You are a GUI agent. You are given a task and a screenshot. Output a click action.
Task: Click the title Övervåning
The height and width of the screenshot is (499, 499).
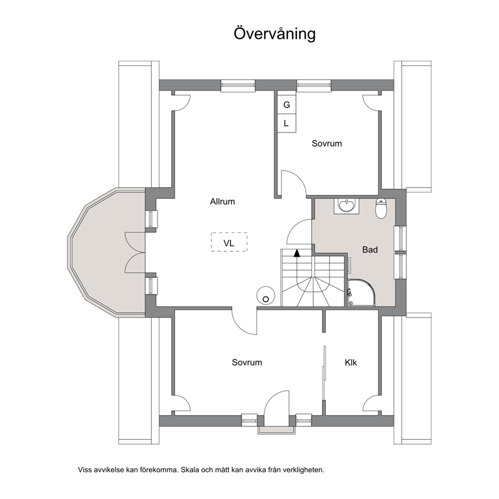[274, 33]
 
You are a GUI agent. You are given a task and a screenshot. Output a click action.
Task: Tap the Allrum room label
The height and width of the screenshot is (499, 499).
[222, 201]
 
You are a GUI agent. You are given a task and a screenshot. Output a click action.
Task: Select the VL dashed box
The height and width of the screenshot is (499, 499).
[229, 242]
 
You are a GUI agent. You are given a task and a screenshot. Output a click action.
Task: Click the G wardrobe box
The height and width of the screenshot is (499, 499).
[286, 105]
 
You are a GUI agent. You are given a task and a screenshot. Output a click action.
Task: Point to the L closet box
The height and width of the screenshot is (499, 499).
[286, 123]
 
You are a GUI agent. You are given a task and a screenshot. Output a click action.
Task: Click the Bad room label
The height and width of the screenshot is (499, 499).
[370, 249]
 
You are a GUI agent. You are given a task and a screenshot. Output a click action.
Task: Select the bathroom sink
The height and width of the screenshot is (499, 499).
[346, 206]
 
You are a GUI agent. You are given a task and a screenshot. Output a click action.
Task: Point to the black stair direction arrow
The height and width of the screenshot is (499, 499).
[297, 253]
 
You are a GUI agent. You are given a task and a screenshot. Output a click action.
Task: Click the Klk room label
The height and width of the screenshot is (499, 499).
[351, 363]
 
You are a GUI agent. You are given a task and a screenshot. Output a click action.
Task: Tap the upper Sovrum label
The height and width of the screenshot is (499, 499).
[326, 143]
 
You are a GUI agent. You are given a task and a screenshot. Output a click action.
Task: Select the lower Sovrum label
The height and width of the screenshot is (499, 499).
[246, 363]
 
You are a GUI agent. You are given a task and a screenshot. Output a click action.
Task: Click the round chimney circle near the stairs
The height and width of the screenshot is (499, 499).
[266, 296]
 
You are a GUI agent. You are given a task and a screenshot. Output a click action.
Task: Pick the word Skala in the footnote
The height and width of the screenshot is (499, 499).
[189, 469]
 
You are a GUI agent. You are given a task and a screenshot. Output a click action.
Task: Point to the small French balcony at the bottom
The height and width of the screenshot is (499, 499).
[277, 430]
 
